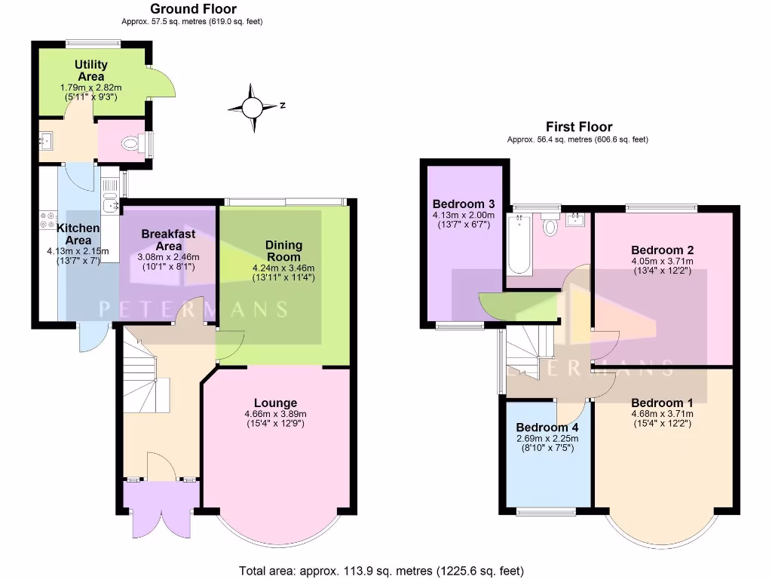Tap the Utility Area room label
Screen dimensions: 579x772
(91, 71)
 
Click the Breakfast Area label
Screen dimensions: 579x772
(168, 240)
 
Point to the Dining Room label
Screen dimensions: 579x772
(283, 250)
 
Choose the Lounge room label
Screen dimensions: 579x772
(275, 403)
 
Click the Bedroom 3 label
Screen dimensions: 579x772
(464, 204)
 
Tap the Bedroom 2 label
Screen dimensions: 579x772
(663, 250)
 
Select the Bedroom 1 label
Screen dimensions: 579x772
(663, 402)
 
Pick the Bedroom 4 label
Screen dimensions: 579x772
(547, 427)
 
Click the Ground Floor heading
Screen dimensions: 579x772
(193, 9)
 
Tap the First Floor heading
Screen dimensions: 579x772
(579, 127)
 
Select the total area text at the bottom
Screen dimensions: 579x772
(381, 571)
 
